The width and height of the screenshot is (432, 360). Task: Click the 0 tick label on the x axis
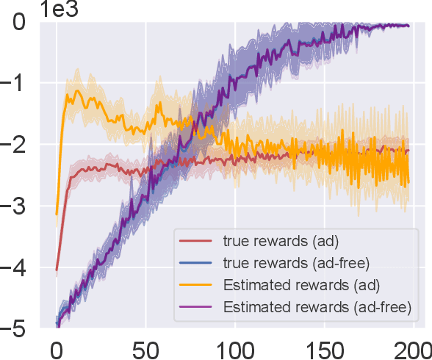click(x=56, y=348)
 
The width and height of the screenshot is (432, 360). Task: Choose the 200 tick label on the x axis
click(x=413, y=348)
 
